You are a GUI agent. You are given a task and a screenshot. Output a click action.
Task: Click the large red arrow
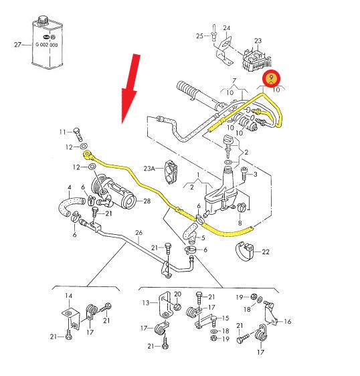130,89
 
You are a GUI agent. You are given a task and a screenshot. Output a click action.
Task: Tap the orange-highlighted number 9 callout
271,78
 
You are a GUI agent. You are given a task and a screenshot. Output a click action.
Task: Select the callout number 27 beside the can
18,45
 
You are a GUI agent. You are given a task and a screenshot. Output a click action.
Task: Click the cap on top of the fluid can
43,19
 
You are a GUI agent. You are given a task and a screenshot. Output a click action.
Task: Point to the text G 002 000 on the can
47,45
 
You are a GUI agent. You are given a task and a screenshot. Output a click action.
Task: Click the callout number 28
147,201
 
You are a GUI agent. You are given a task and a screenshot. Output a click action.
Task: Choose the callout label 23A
149,169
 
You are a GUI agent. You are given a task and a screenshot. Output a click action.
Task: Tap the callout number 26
139,233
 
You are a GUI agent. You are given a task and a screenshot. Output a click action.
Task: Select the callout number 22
266,252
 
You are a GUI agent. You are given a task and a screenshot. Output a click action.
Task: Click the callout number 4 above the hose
70,187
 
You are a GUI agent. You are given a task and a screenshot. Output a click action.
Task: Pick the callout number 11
62,132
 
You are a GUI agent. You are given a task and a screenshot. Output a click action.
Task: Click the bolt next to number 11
78,134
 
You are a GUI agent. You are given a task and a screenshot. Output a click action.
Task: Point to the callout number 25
199,36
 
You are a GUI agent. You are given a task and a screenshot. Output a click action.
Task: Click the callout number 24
227,28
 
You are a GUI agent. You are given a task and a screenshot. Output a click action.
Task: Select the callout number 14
68,296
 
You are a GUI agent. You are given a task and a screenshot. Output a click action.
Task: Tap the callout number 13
146,303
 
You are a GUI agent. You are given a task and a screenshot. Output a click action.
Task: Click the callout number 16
287,321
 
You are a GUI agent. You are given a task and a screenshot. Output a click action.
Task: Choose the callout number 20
177,294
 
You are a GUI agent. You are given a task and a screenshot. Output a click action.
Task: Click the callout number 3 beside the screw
255,174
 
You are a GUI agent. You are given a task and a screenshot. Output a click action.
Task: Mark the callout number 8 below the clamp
240,223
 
